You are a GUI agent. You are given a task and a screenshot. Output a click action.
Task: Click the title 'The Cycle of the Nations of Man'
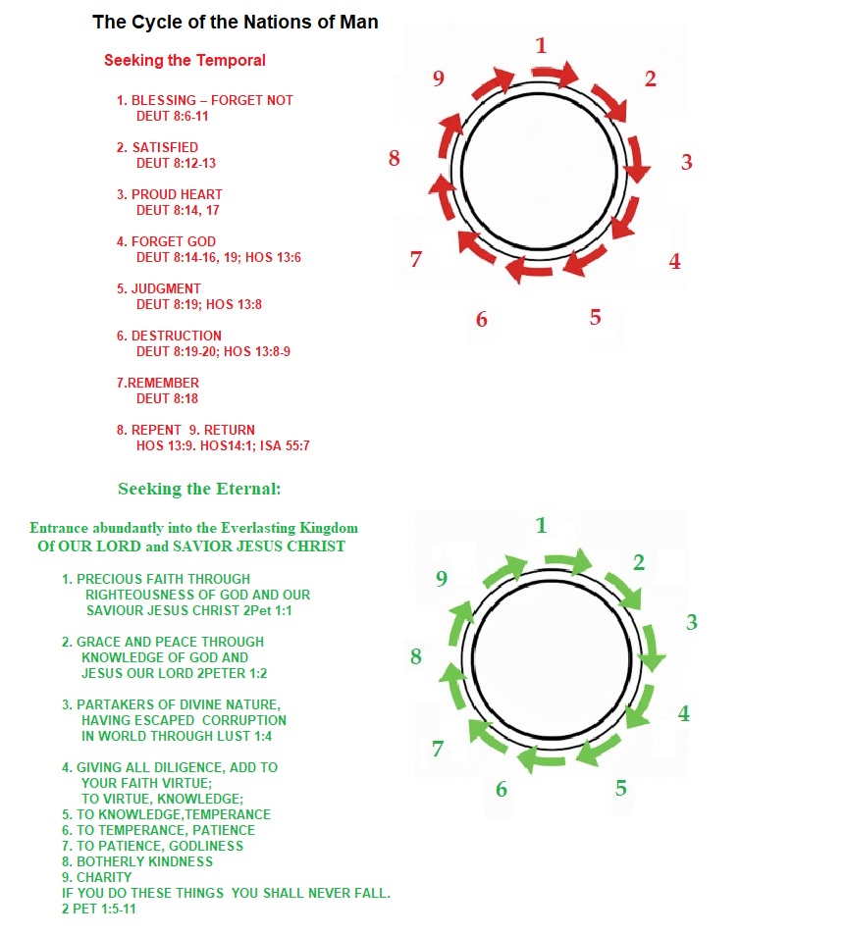(235, 22)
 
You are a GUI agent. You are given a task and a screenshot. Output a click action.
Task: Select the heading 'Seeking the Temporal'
(185, 60)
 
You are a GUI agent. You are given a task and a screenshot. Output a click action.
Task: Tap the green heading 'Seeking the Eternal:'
(199, 489)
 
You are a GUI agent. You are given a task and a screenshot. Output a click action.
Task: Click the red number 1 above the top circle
(541, 45)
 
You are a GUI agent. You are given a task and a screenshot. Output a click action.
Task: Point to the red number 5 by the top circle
(596, 317)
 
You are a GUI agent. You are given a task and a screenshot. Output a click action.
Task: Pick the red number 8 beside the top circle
(395, 158)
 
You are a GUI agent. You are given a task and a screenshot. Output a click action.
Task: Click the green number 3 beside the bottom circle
(692, 622)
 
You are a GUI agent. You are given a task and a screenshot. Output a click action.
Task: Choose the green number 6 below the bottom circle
(502, 789)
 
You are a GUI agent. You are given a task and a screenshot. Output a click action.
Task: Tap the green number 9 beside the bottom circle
(442, 579)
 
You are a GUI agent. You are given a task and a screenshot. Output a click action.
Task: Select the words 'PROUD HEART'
(177, 194)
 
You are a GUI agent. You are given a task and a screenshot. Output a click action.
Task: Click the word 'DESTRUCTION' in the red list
(177, 336)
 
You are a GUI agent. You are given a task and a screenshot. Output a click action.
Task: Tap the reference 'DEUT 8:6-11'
(173, 116)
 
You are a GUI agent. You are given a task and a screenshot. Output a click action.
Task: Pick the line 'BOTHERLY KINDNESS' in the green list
(144, 861)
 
